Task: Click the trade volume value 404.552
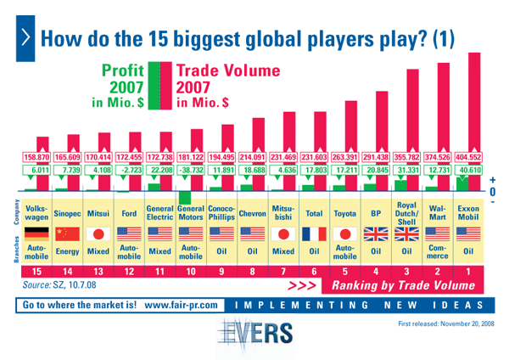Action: [x=469, y=157]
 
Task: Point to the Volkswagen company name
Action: [x=37, y=212]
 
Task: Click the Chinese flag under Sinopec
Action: [x=68, y=233]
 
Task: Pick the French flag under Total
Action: [x=315, y=233]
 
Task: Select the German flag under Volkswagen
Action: [x=37, y=233]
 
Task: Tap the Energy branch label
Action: [x=68, y=251]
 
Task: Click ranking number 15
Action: [x=37, y=272]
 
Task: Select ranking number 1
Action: [x=469, y=272]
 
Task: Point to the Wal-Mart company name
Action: [x=439, y=212]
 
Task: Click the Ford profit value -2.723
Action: [x=129, y=170]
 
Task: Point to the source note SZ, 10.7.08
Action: [x=59, y=286]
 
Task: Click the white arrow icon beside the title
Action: [x=25, y=37]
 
